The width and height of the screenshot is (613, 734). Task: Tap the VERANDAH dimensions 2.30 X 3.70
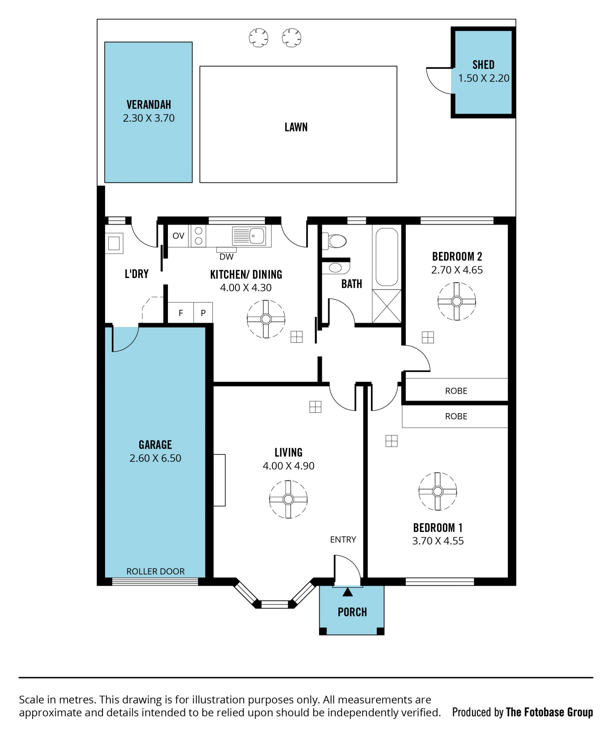point(149,118)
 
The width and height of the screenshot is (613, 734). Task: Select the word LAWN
point(296,127)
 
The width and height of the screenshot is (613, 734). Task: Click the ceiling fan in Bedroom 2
point(457,301)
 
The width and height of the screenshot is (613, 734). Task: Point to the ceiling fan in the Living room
point(288,499)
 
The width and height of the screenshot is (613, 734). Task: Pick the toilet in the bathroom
point(334,241)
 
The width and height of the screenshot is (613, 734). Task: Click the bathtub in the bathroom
point(387,257)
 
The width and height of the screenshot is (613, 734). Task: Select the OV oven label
point(178,236)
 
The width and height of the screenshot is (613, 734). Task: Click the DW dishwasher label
point(226,257)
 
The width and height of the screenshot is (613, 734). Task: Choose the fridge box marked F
point(181,312)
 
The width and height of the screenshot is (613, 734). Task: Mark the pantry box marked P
point(203,312)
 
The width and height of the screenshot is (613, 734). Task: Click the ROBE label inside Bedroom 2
point(456,391)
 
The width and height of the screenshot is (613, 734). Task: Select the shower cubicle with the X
point(387,306)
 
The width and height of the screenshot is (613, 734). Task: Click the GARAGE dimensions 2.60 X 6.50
point(155,458)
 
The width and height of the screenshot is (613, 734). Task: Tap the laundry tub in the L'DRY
point(114,243)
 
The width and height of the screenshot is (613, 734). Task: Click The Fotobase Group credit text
point(549,712)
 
